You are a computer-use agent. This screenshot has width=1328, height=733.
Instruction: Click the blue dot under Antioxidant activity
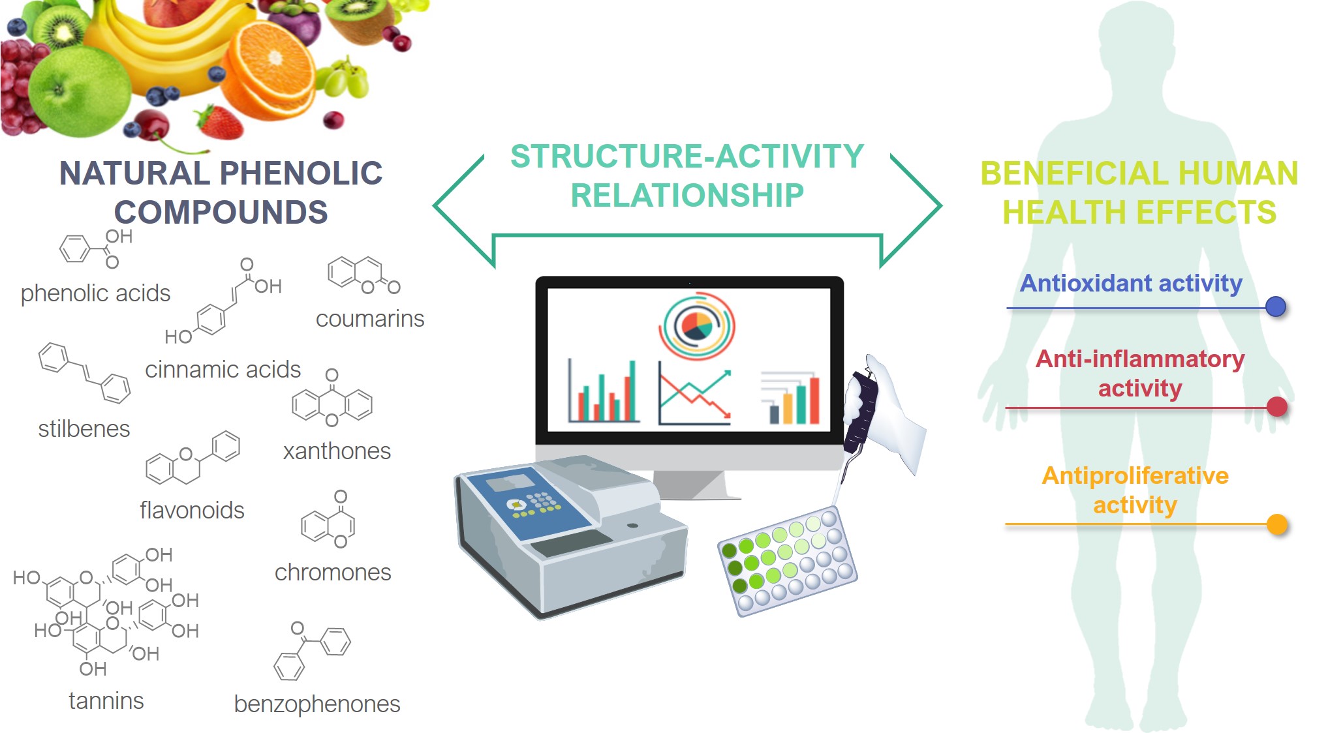point(1275,307)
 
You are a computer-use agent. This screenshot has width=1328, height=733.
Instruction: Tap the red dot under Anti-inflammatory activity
point(1276,407)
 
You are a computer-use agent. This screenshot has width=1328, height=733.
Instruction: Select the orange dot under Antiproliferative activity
point(1276,524)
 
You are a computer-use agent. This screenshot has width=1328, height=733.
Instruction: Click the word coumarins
point(370,319)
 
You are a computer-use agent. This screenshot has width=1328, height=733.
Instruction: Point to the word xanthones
point(337,451)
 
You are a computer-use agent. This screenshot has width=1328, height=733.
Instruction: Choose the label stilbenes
point(84,429)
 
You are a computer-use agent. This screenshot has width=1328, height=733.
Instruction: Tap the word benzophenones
point(317,704)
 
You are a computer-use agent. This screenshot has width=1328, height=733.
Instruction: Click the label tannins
point(106,701)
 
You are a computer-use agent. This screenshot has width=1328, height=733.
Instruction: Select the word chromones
point(333,573)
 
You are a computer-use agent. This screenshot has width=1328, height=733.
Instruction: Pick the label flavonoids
point(192,511)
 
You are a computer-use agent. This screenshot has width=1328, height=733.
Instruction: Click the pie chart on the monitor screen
point(697,325)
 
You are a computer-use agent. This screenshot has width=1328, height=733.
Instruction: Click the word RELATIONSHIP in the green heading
point(687,196)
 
